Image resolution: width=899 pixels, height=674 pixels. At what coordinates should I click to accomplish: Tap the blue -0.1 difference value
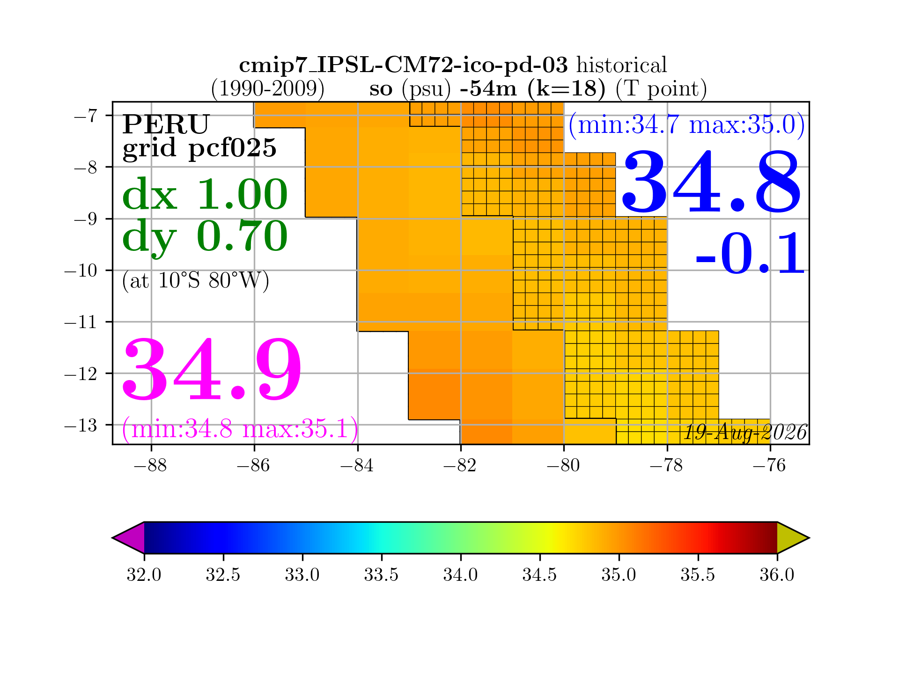750,253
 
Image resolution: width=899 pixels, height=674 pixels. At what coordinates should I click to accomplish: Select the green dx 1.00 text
205,194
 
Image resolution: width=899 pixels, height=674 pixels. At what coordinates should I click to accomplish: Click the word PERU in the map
166,124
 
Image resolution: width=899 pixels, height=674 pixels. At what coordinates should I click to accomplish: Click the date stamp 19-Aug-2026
745,432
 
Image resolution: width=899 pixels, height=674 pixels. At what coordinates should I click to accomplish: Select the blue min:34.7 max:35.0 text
687,125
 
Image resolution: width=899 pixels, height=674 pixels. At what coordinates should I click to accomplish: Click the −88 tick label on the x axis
150,465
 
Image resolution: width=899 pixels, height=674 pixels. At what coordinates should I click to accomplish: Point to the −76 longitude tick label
770,465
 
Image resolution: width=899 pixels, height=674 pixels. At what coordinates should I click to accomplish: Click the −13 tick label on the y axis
81,425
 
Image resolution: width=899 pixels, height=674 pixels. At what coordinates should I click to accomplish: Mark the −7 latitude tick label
86,116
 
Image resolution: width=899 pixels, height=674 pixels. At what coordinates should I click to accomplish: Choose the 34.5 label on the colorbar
539,574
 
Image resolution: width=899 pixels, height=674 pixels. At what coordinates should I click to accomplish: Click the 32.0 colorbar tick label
144,574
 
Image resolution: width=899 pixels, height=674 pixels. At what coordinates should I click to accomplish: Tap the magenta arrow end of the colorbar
129,538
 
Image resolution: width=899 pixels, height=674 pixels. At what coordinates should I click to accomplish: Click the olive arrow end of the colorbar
793,538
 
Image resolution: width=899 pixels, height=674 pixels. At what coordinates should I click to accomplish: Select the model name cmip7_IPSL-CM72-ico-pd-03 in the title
403,65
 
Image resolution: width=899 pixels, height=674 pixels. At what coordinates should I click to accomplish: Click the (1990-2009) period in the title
267,88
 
